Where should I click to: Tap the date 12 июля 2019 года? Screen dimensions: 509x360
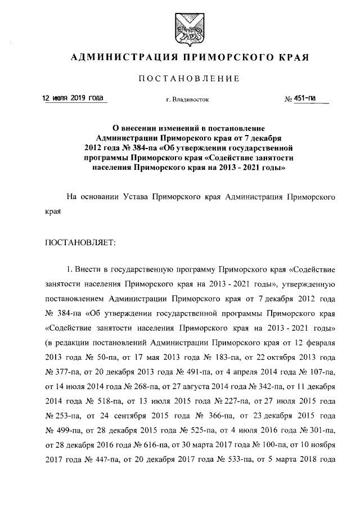tap(73, 98)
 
